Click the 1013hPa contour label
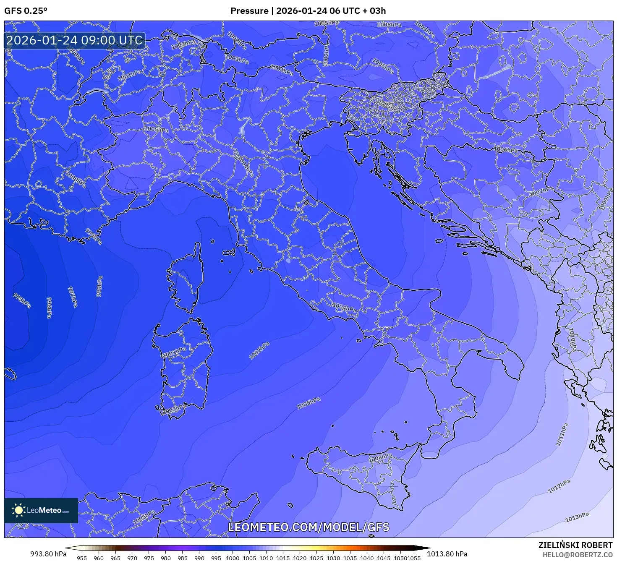[x=577, y=517]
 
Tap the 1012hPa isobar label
[x=559, y=486]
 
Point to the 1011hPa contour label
[x=562, y=434]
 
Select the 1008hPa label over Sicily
[x=380, y=458]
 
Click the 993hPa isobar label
[x=22, y=300]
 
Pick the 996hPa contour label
[x=49, y=308]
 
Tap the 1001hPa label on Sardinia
[x=175, y=352]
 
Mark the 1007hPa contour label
[x=541, y=192]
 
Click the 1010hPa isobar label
[x=572, y=339]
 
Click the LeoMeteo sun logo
[x=18, y=510]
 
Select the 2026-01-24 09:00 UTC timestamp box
[x=74, y=40]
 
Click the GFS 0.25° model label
[x=26, y=11]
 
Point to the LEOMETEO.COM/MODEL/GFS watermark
[x=308, y=527]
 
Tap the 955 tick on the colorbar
[x=82, y=558]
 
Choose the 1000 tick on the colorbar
[x=233, y=558]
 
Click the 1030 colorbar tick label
[x=333, y=558]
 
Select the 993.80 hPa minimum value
[x=48, y=553]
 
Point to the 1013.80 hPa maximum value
[x=447, y=553]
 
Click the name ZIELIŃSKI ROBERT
[x=575, y=545]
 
